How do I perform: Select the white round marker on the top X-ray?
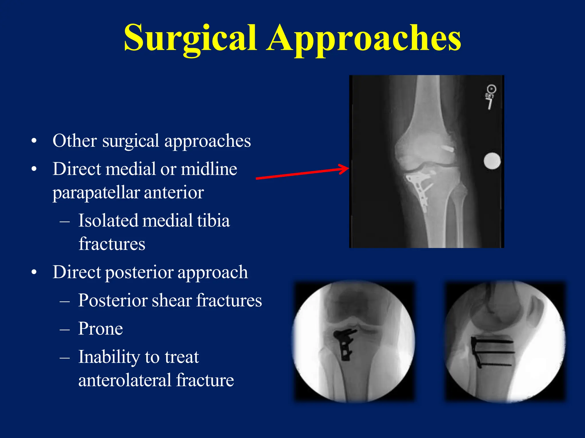(x=492, y=161)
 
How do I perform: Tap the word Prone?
(x=101, y=329)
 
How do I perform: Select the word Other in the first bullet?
(x=75, y=141)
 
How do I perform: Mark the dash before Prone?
(x=65, y=329)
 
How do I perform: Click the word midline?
(x=209, y=169)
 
